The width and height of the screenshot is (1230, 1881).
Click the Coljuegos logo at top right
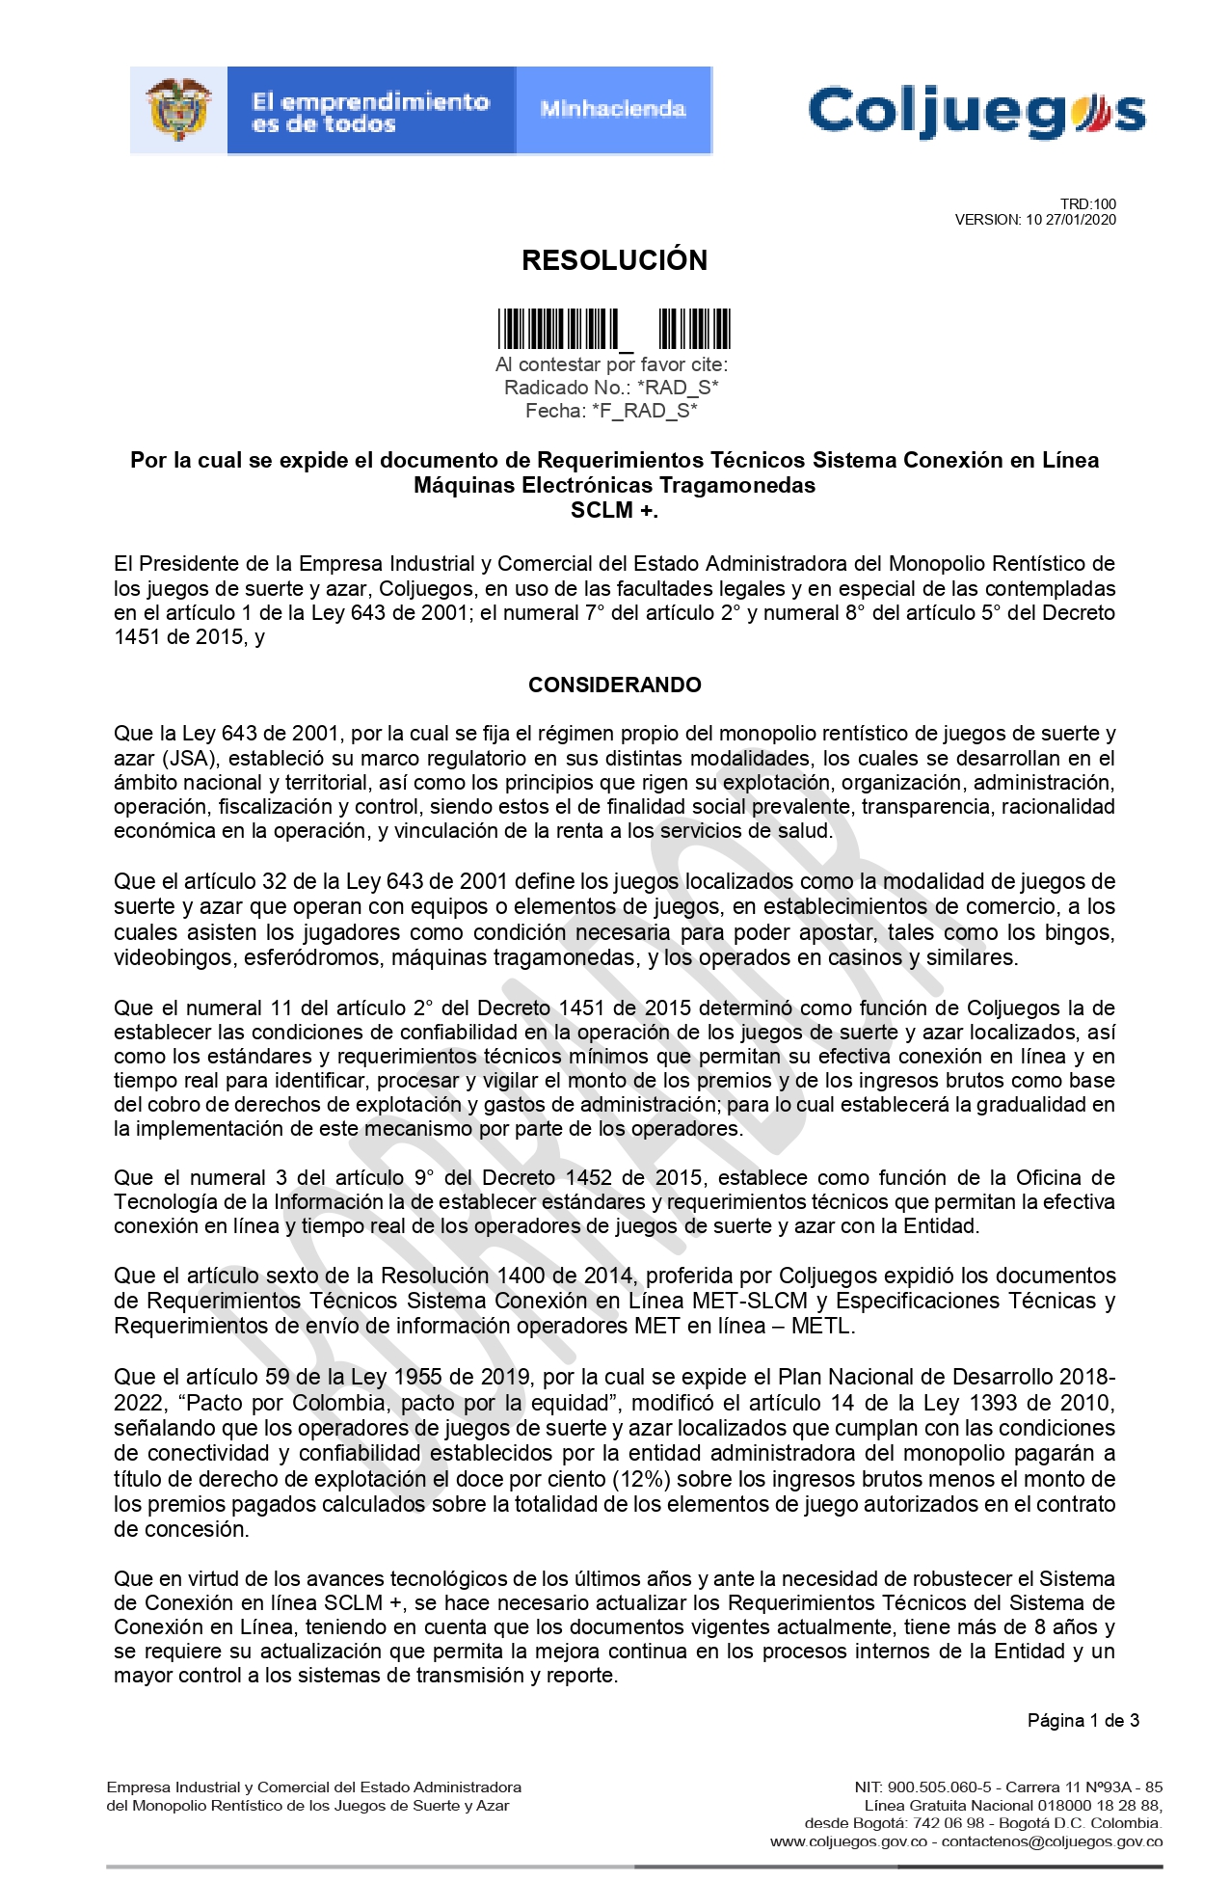click(x=976, y=112)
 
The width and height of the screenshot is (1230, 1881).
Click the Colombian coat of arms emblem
click(x=178, y=110)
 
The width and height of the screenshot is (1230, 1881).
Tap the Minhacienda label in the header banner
click(x=613, y=110)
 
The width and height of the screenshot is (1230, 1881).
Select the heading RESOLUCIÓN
click(x=614, y=260)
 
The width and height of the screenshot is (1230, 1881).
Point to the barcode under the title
click(x=614, y=329)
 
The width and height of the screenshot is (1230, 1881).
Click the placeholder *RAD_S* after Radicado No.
click(x=678, y=388)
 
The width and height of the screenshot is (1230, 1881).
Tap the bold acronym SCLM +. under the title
click(x=614, y=511)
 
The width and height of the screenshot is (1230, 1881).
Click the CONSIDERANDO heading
click(x=614, y=685)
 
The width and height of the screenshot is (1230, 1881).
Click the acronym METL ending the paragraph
click(x=822, y=1326)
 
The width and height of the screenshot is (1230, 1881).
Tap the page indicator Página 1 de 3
click(x=1083, y=1720)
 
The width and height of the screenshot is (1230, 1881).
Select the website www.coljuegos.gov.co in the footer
click(x=848, y=1841)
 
